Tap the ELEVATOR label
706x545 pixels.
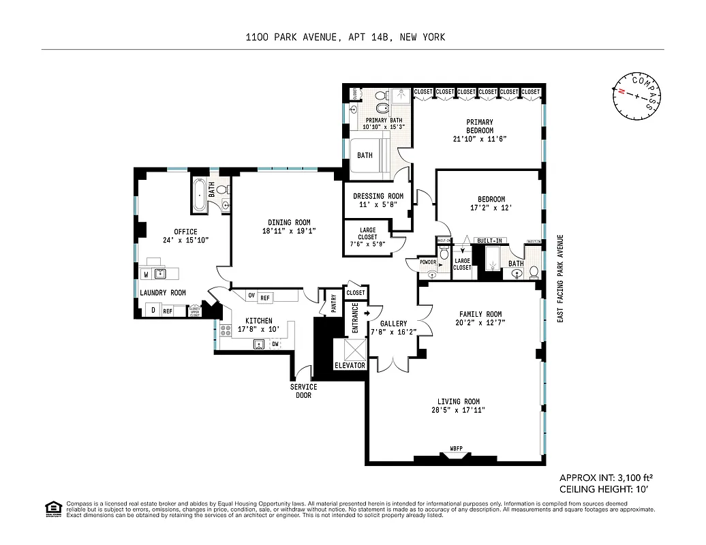pyautogui.click(x=350, y=366)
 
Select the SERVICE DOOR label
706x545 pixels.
pyautogui.click(x=303, y=391)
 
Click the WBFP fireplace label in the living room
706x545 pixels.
pyautogui.click(x=456, y=448)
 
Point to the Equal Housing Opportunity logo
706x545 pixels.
pyautogui.click(x=52, y=509)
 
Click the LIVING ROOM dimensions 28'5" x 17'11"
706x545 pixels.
pyautogui.click(x=458, y=410)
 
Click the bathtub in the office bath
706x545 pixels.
pyautogui.click(x=198, y=196)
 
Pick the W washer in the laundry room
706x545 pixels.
pyautogui.click(x=146, y=274)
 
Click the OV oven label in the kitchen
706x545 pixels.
pyautogui.click(x=251, y=296)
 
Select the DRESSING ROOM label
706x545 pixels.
pyautogui.click(x=377, y=196)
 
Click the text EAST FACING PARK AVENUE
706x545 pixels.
pyautogui.click(x=560, y=278)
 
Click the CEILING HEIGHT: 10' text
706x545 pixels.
pyautogui.click(x=602, y=489)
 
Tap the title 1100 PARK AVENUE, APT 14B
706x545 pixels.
pyautogui.click(x=346, y=37)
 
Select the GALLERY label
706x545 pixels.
pyautogui.click(x=394, y=324)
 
